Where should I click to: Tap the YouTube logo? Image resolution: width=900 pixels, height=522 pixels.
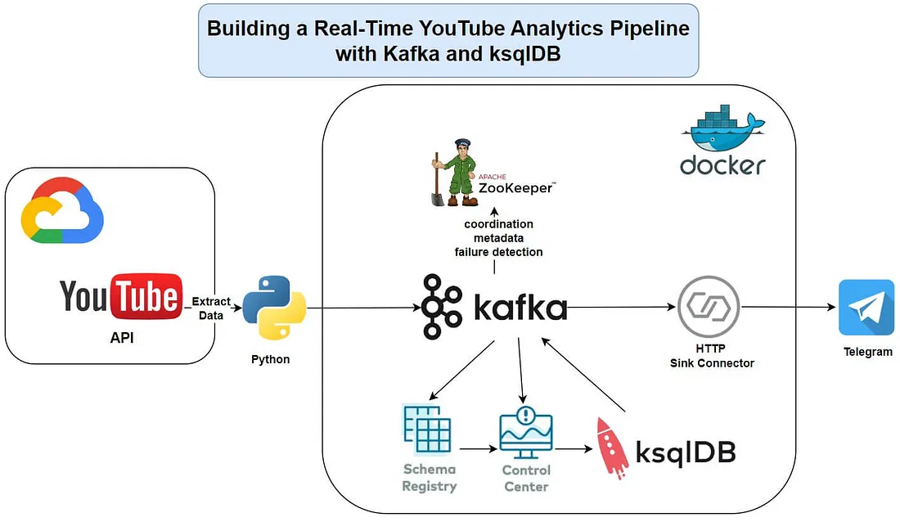pyautogui.click(x=120, y=296)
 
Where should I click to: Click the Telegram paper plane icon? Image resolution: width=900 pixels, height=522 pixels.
pyautogui.click(x=866, y=308)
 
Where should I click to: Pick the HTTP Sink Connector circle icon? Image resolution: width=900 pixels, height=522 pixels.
pyautogui.click(x=709, y=307)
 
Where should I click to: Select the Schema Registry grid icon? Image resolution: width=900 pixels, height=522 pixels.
pyautogui.click(x=428, y=429)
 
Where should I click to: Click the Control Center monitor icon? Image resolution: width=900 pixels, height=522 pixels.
pyautogui.click(x=526, y=433)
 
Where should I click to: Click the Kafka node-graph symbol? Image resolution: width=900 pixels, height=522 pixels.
pyautogui.click(x=443, y=307)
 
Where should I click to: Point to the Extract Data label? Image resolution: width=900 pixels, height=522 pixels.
pyautogui.click(x=211, y=308)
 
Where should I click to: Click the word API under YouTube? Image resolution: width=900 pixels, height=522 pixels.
pyautogui.click(x=120, y=336)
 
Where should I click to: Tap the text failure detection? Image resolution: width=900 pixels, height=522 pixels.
pyautogui.click(x=498, y=252)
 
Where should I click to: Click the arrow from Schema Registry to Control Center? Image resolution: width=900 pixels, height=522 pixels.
pyautogui.click(x=478, y=448)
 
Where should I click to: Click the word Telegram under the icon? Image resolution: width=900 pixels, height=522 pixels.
pyautogui.click(x=867, y=353)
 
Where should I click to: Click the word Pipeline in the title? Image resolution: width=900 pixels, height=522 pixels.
pyautogui.click(x=643, y=29)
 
